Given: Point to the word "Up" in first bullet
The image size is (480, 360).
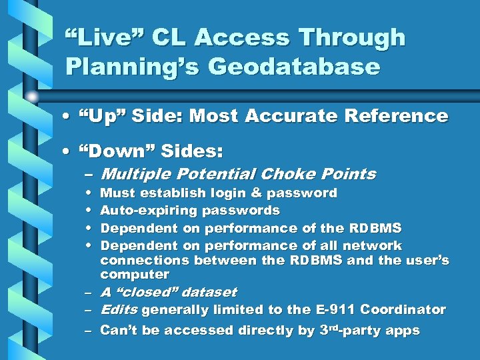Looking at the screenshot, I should coord(106,117).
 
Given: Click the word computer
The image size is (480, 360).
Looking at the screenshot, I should coord(135,275).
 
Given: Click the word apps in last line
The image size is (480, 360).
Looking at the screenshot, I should coord(401,331).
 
